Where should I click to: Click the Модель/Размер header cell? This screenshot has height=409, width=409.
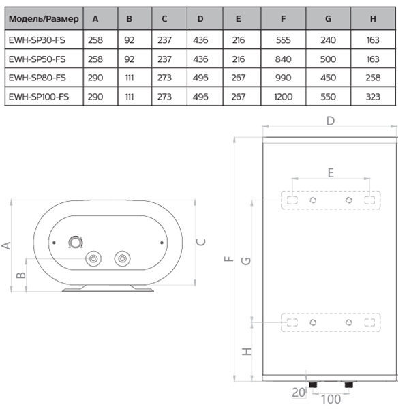[43, 19]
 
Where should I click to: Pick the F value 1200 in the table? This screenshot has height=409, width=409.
[284, 97]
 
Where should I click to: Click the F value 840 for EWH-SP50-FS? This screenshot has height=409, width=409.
[284, 59]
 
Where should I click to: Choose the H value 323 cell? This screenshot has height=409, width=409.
[373, 97]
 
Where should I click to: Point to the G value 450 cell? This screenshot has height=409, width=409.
[328, 78]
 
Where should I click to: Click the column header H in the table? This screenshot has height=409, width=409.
[373, 19]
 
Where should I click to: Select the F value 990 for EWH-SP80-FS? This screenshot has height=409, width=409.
[284, 78]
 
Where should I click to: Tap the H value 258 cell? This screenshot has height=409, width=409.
[373, 78]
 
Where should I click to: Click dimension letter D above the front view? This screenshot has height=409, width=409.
[330, 121]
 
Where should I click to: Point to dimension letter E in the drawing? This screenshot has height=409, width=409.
[331, 172]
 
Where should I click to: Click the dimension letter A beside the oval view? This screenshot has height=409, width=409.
[7, 245]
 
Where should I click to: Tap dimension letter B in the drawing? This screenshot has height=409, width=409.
[20, 275]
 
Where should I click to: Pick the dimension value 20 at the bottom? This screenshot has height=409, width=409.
[297, 393]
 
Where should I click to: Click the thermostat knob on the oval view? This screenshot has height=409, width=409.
[75, 241]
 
